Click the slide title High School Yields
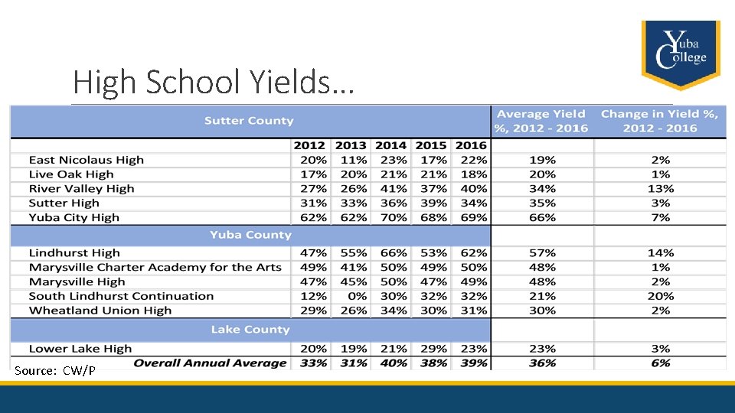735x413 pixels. point(213,82)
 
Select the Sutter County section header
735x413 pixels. point(249,121)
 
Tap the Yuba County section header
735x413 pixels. point(250,235)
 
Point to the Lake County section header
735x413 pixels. point(250,330)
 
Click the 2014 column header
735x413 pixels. point(390,145)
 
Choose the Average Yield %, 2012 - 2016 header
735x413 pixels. point(541,121)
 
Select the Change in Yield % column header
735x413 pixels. point(659,121)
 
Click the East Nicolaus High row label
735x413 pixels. point(86,160)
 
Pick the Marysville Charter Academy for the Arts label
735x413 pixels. point(155,268)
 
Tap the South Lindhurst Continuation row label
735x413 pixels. point(121,296)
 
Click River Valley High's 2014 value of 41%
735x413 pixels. point(393,189)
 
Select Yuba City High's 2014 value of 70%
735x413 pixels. point(393,217)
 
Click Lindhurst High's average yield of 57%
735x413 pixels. point(542,253)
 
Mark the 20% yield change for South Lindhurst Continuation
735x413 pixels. point(660,296)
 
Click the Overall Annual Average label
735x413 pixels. point(210,363)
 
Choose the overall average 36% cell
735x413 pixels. point(542,363)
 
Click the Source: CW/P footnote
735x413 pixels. point(54,371)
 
